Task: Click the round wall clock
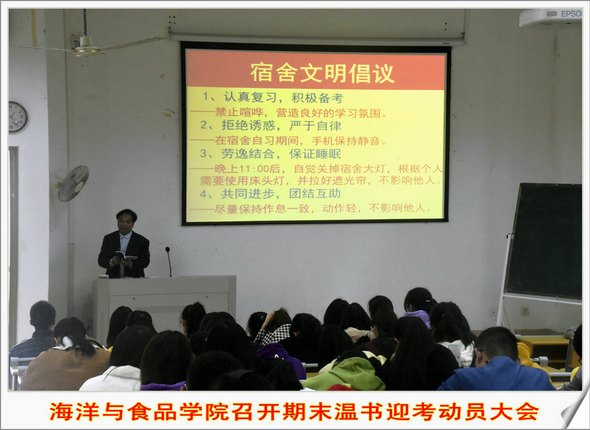(17, 117)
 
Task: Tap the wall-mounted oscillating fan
(72, 183)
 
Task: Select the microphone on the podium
(168, 262)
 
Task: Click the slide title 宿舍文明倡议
(322, 73)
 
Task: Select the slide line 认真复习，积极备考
(284, 98)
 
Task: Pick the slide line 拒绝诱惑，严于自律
(281, 126)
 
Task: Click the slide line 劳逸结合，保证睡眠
(281, 154)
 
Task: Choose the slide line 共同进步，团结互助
(281, 194)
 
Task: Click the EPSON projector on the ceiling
(550, 17)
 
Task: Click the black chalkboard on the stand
(543, 241)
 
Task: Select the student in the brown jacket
(65, 358)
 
